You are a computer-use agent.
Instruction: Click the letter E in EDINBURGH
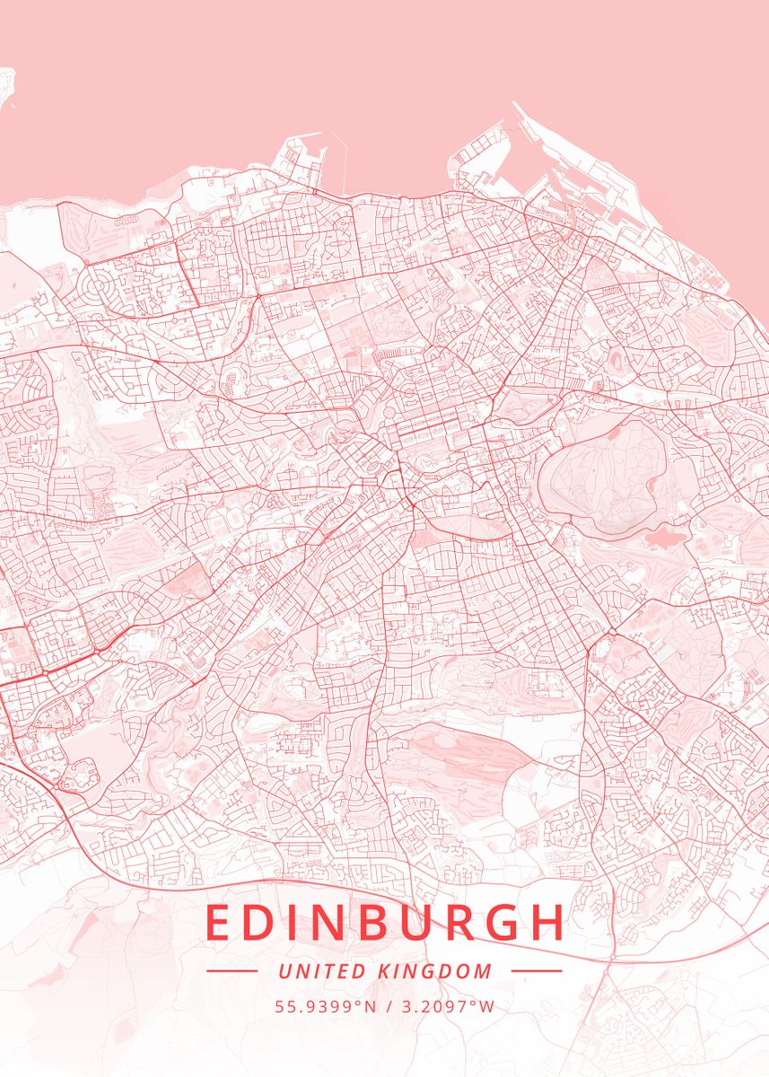[x=218, y=923]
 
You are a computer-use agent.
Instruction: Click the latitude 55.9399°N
[x=326, y=1006]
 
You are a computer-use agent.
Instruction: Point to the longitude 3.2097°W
[x=445, y=1006]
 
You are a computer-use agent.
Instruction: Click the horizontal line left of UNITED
[x=232, y=971]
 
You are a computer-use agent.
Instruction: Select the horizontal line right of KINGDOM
[x=536, y=971]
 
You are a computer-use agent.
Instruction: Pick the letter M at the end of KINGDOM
[x=485, y=971]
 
